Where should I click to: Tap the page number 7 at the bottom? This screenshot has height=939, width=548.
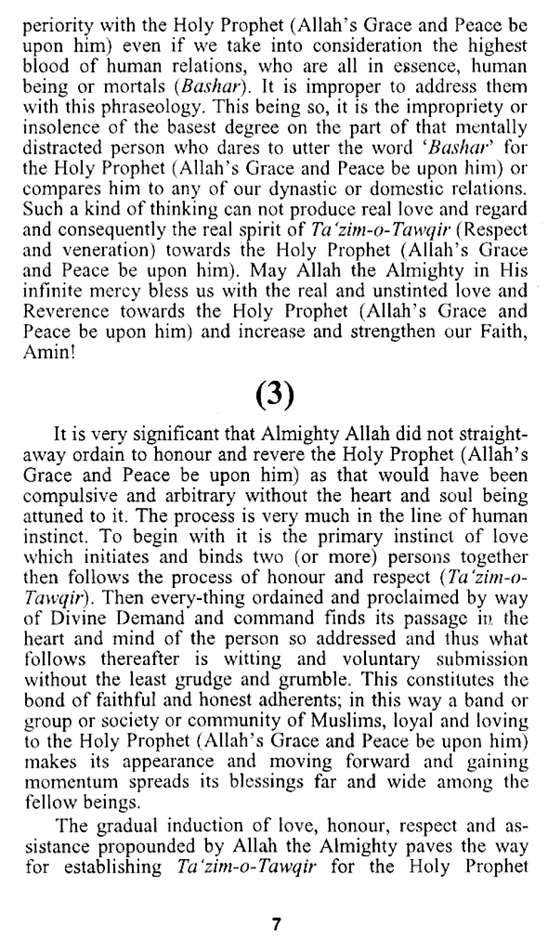276,922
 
